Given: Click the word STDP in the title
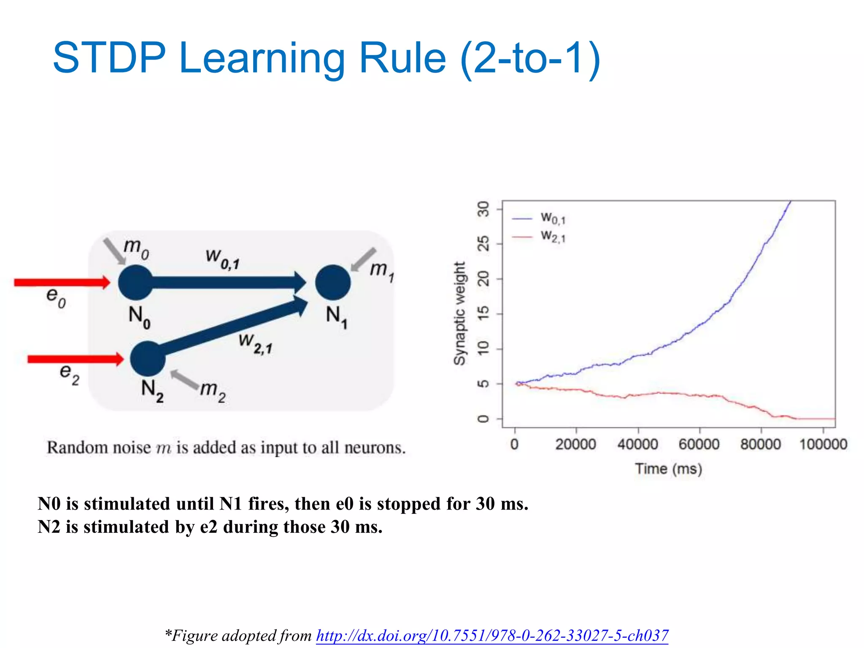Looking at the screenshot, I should pos(109,58).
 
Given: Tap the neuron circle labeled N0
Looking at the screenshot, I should pos(135,283).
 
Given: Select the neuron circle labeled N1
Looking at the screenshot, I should pos(333,283).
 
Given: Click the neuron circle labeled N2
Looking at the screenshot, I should pos(148,359).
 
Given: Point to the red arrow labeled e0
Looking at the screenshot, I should pos(61,282).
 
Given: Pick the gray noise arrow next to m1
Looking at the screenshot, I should pos(364,259).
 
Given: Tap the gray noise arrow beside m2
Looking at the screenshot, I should pos(185,379).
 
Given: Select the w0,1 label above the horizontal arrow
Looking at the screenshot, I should pos(222,258).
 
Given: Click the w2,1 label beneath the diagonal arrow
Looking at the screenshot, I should pos(255,343).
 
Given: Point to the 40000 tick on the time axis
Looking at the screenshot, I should pos(637,444).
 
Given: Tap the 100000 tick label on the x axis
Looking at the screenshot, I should pos(823,444).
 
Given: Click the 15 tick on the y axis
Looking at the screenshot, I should pos(483,314).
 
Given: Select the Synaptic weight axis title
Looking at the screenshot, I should pos(459,313).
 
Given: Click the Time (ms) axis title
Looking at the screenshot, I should pos(669,469).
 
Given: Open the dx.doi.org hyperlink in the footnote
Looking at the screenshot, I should pos(492,635).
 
